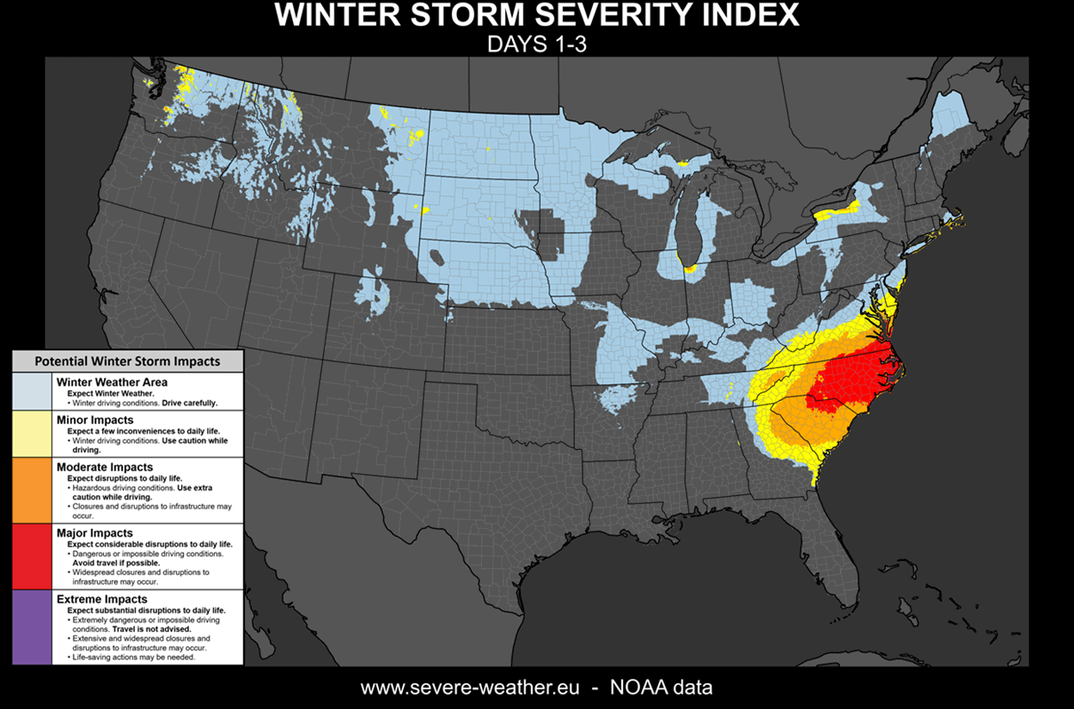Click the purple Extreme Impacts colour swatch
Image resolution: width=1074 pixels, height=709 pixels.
pyautogui.click(x=34, y=627)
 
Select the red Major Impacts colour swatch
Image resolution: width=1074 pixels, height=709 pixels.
pyautogui.click(x=34, y=555)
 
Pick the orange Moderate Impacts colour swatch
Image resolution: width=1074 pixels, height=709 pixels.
pyautogui.click(x=34, y=489)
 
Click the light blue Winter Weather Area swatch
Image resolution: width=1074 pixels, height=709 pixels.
pyautogui.click(x=34, y=390)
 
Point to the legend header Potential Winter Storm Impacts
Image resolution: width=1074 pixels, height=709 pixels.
pyautogui.click(x=126, y=361)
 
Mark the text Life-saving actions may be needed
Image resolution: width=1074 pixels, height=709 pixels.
pyautogui.click(x=134, y=658)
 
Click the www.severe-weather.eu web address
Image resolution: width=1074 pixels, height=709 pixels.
pyautogui.click(x=470, y=688)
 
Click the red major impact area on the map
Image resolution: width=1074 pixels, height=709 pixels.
pyautogui.click(x=852, y=373)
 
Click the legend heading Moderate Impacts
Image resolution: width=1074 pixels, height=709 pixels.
pyautogui.click(x=105, y=467)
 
